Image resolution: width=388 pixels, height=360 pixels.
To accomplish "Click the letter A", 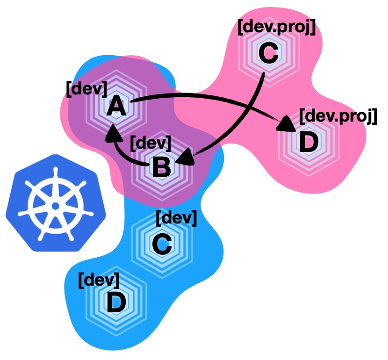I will [x=116, y=108].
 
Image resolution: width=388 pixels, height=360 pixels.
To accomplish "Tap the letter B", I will [x=161, y=167].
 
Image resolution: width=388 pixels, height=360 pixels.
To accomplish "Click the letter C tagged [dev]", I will [x=162, y=244].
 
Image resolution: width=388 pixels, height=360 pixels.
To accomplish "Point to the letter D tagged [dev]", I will [x=116, y=302].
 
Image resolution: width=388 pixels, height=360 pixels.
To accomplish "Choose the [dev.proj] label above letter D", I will [x=338, y=115].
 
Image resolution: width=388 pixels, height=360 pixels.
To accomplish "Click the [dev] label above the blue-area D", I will [x=99, y=279].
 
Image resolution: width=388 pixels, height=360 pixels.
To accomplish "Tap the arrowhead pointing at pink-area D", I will [x=286, y=125].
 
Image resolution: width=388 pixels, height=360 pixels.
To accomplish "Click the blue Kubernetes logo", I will [x=55, y=201].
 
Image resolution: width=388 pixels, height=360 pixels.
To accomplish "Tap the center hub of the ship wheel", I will [x=55, y=205].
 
